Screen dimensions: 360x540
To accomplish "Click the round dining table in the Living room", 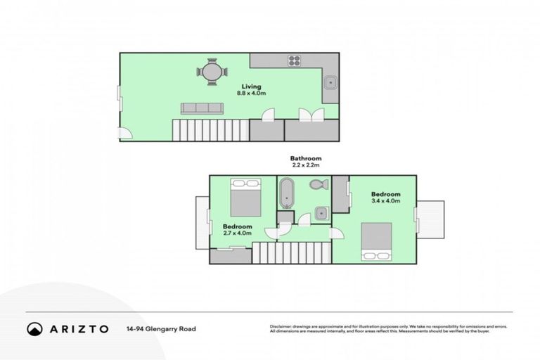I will pos(212,71).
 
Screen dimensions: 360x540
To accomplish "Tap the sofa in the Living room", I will pos(202,108).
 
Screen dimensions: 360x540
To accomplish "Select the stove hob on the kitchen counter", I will pos(294,60).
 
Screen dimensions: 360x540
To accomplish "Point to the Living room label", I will pos(250,86).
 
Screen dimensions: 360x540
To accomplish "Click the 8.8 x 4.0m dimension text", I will pos(250,94).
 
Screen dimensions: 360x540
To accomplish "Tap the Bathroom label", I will pos(306,158).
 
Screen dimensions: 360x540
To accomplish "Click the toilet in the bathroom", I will pos(316,186).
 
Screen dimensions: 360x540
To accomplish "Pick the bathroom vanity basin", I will pos(321,212).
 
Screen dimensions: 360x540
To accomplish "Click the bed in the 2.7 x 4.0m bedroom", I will pos(245,198).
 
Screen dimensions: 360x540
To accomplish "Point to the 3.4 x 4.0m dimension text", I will pos(386,201).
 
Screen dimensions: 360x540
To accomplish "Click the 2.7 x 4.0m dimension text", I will pos(237,233).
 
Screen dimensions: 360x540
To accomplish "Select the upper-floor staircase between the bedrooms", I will pos(291,252).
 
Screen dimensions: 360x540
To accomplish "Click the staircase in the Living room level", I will pos(210,129).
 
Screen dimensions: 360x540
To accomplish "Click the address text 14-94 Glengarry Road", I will pos(161,328).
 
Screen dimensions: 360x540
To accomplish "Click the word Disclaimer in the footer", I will pos(281,326).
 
